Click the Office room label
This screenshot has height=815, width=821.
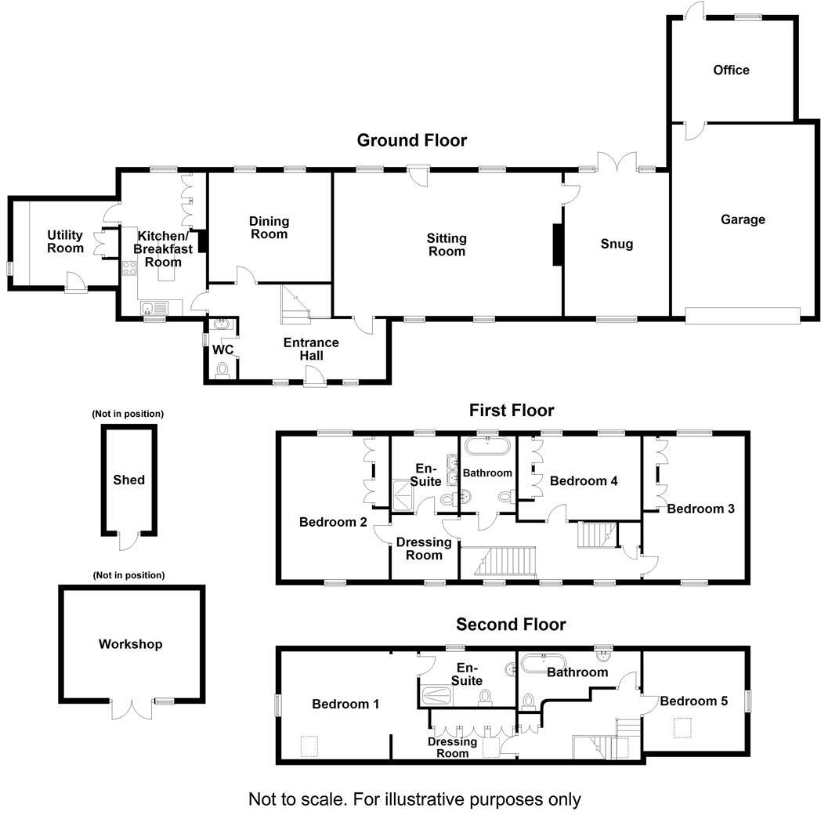tap(731, 71)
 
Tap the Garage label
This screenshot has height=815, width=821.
tap(743, 220)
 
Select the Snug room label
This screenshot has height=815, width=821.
tap(617, 244)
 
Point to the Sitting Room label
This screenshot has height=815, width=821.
tap(447, 244)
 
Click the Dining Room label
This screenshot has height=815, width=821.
tap(269, 228)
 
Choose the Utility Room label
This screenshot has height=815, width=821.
tap(65, 242)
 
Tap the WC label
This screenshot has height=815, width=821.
tap(223, 350)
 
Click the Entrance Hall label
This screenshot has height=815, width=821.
tap(311, 350)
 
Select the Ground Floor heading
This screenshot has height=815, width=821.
tap(411, 141)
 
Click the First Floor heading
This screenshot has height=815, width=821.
tap(511, 411)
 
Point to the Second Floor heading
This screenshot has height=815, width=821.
tap(511, 625)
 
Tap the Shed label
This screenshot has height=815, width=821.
tap(129, 480)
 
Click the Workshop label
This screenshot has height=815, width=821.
tap(131, 644)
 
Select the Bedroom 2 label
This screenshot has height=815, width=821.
tap(333, 522)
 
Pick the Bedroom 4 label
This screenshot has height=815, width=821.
tap(584, 481)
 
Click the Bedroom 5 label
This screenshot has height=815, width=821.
tap(693, 701)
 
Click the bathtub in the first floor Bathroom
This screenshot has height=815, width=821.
tap(487, 449)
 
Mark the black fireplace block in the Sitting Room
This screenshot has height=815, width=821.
tap(558, 244)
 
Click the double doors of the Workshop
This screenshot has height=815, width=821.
tap(131, 708)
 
